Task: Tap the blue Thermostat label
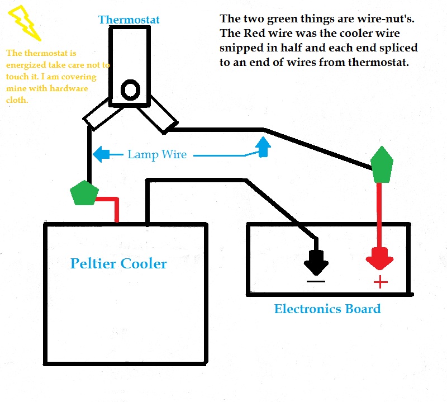pyautogui.click(x=129, y=20)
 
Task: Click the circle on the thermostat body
pyautogui.click(x=131, y=89)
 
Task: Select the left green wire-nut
pyautogui.click(x=84, y=193)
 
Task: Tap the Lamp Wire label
pyautogui.click(x=157, y=154)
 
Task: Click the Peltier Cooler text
pyautogui.click(x=118, y=263)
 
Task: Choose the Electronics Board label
pyautogui.click(x=327, y=309)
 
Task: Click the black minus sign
pyautogui.click(x=316, y=280)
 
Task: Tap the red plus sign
pyautogui.click(x=381, y=282)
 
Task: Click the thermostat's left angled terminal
pyautogui.click(x=97, y=114)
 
